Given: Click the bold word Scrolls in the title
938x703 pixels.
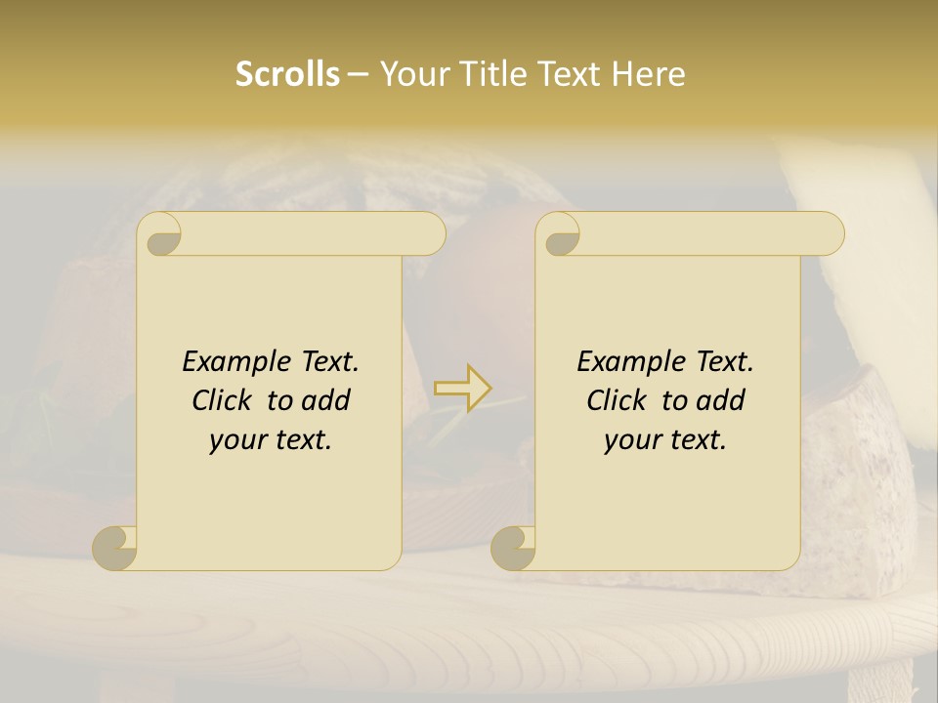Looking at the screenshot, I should point(287,74).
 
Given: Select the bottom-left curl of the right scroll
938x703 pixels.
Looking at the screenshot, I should point(514,548).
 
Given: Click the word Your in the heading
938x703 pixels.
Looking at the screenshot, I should point(410,74).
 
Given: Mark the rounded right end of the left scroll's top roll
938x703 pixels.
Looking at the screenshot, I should point(431,234).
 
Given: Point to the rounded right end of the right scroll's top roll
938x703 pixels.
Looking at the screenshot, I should point(830,234).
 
